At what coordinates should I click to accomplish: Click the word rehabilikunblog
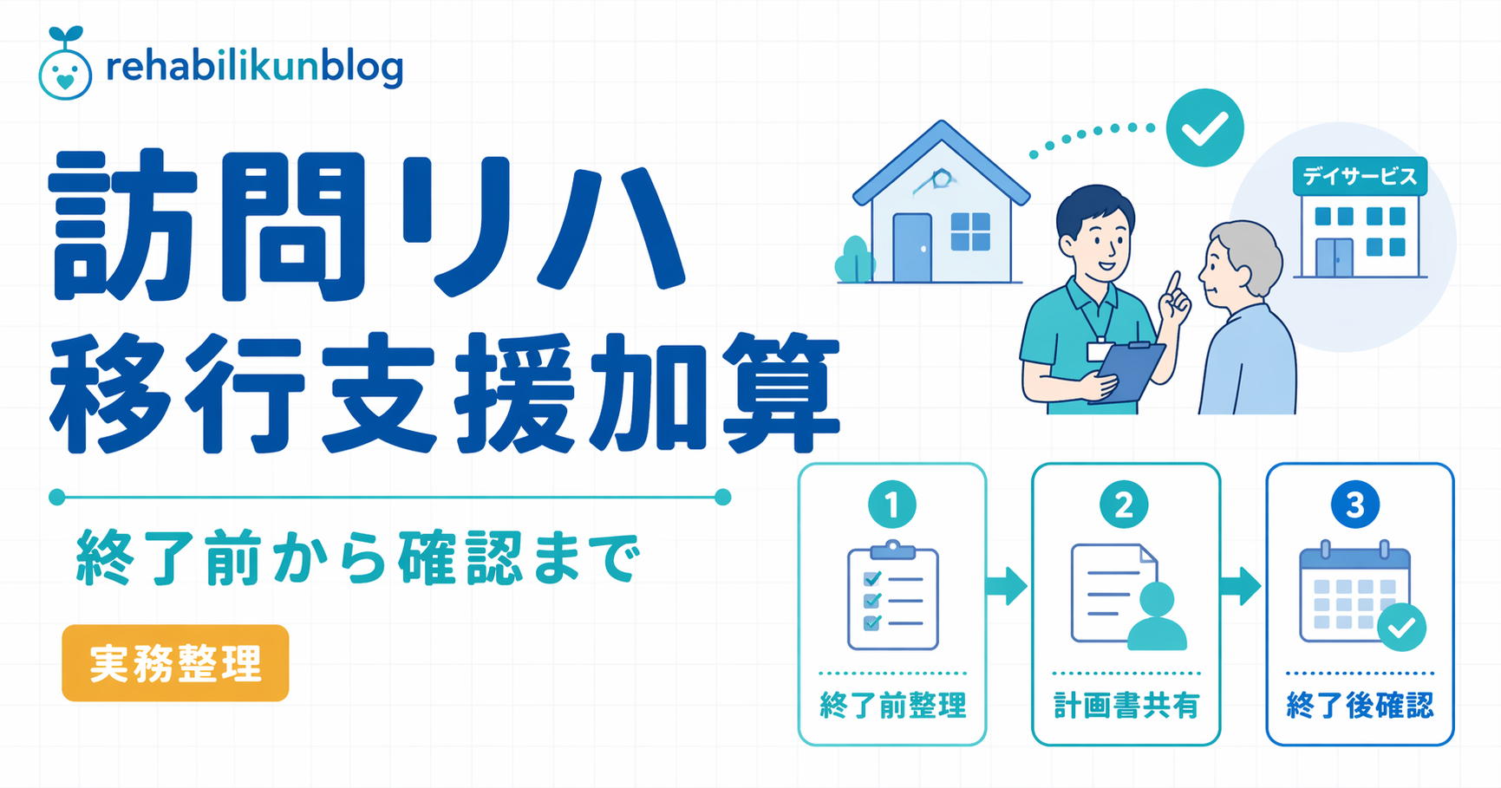pyautogui.click(x=254, y=68)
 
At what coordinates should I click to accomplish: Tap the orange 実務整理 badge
pyautogui.click(x=175, y=663)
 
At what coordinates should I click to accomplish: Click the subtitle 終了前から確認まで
pyautogui.click(x=359, y=558)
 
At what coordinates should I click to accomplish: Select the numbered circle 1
pyautogui.click(x=891, y=505)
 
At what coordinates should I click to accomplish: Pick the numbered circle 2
pyautogui.click(x=1125, y=505)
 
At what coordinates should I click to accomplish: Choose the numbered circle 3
pyautogui.click(x=1355, y=505)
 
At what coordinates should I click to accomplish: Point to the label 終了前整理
pyautogui.click(x=892, y=706)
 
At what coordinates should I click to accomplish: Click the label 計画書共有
pyautogui.click(x=1126, y=706)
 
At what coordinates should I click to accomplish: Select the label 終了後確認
pyautogui.click(x=1360, y=706)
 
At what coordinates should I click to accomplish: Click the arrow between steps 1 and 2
pyautogui.click(x=1007, y=586)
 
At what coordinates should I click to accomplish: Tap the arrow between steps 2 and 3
pyautogui.click(x=1241, y=586)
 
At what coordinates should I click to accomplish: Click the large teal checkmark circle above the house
pyautogui.click(x=1204, y=127)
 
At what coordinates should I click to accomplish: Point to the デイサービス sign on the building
pyautogui.click(x=1359, y=177)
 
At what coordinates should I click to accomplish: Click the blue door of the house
pyautogui.click(x=911, y=247)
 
